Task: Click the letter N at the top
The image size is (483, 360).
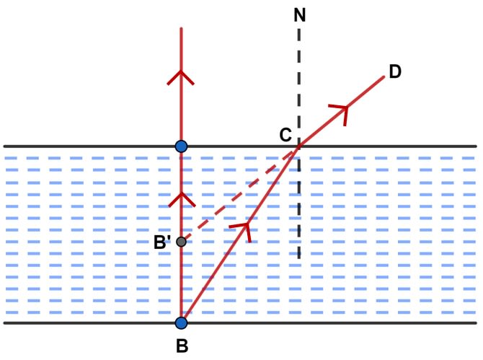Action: click(x=300, y=15)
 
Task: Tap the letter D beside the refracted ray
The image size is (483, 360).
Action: click(x=395, y=71)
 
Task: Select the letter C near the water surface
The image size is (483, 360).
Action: click(x=285, y=135)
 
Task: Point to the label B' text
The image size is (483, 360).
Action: click(x=161, y=242)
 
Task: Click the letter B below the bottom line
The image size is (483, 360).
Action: click(x=182, y=346)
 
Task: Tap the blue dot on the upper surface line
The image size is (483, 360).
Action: click(x=181, y=146)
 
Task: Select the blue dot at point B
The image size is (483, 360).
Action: click(x=181, y=323)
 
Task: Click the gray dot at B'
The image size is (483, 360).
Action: click(x=181, y=242)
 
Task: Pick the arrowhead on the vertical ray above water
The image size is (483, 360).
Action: click(x=181, y=78)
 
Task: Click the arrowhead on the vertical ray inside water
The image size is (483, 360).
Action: click(x=182, y=199)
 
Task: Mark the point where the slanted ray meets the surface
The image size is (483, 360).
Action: click(x=298, y=147)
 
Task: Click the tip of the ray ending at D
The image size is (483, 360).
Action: click(x=384, y=76)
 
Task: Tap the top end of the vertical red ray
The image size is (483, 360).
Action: click(x=181, y=28)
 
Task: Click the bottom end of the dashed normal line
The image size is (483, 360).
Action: click(x=298, y=258)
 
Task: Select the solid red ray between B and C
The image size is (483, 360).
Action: click(x=239, y=235)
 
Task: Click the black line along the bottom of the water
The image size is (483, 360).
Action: click(x=240, y=323)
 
